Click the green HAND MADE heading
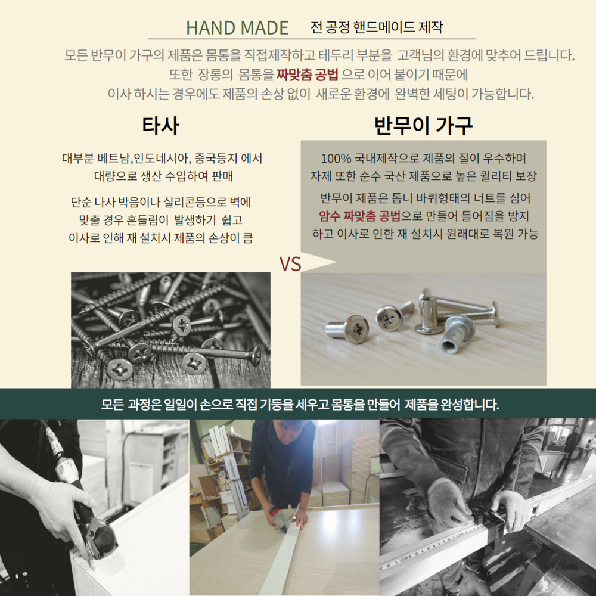tap(237, 28)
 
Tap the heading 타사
tap(160, 125)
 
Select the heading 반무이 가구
tap(423, 125)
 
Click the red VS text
tap(290, 264)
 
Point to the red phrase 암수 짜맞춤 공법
tap(359, 216)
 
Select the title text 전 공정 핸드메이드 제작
tap(376, 27)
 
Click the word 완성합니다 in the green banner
tap(470, 404)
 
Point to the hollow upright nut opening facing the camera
tap(449, 346)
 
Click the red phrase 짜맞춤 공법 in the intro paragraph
tap(307, 74)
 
